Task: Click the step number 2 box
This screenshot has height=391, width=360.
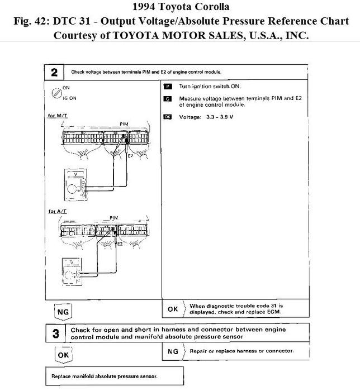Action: (54, 73)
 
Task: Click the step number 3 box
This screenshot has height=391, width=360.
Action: (55, 334)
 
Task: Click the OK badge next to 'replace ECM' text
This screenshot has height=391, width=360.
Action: (173, 308)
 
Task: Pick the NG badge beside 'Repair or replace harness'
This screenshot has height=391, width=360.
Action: (173, 351)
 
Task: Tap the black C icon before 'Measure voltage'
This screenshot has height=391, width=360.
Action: (167, 98)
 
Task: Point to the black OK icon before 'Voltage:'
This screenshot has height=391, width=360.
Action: (168, 117)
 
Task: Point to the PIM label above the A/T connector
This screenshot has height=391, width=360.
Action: (114, 217)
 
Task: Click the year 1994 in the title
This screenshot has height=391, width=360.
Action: (148, 8)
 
